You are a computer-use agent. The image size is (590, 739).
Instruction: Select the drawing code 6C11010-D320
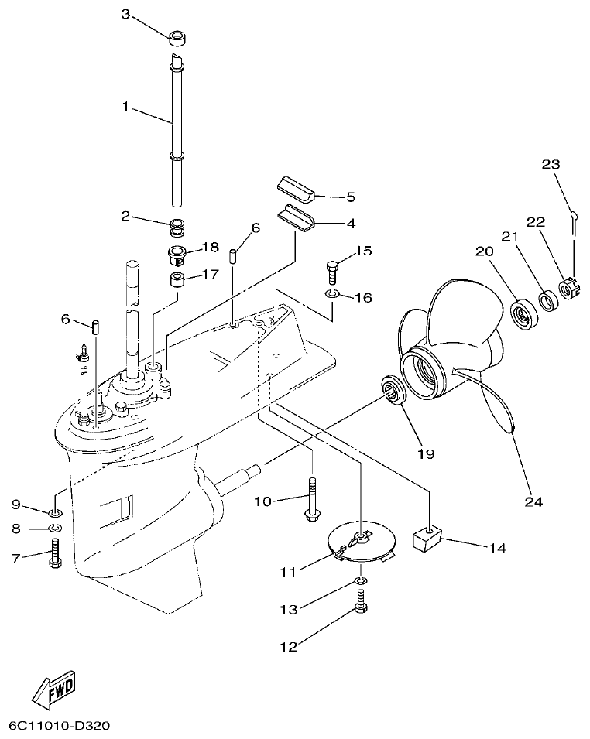click(60, 726)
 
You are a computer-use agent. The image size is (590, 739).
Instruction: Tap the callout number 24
click(533, 501)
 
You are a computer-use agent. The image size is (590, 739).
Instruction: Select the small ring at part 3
click(179, 36)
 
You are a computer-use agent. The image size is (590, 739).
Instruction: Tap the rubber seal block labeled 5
click(295, 186)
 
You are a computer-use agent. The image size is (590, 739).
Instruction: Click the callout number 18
click(211, 247)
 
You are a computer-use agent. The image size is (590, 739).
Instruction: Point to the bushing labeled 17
click(178, 278)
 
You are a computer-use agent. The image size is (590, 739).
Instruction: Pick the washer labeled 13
click(362, 580)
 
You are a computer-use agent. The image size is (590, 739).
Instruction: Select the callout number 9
click(15, 505)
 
